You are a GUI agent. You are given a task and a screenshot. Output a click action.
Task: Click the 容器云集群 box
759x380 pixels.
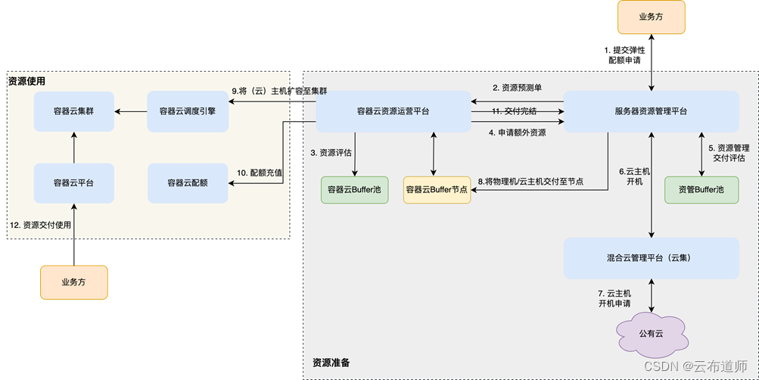73,111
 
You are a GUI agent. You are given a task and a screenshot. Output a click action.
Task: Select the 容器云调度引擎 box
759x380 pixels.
187,111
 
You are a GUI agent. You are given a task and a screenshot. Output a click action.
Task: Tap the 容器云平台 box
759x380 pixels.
73,183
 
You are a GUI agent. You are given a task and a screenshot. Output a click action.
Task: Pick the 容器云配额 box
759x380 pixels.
187,183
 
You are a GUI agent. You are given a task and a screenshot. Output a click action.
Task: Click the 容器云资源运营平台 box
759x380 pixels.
393,111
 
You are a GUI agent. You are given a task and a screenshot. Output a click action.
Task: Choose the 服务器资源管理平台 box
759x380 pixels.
651,111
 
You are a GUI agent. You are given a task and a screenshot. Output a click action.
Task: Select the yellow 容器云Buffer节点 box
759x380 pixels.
437,189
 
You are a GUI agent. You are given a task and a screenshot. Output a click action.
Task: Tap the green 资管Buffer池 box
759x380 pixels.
701,189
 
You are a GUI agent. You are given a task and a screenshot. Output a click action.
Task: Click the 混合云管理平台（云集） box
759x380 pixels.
651,258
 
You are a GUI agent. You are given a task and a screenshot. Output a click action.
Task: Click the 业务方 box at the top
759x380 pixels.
651,17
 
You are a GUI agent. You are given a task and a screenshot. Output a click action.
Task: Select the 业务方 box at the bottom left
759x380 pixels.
73,282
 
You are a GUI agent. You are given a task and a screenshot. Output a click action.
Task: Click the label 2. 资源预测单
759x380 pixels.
516,89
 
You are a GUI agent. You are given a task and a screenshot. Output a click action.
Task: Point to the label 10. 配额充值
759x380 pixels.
260,173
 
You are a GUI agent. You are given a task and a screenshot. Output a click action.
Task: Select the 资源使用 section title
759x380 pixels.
26,81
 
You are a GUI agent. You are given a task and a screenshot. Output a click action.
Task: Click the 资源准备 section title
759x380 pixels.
331,363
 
